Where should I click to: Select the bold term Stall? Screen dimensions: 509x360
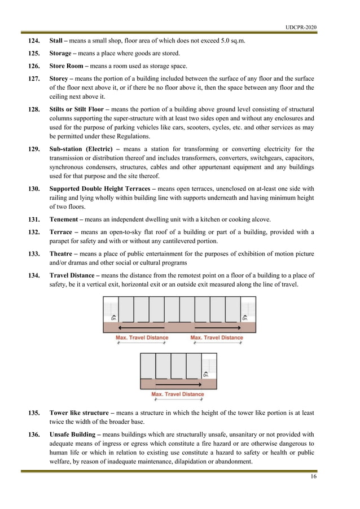56,41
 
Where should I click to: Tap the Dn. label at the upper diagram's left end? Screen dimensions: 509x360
114,318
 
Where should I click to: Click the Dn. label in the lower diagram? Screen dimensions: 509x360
207,374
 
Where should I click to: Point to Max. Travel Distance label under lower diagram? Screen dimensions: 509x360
178,394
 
